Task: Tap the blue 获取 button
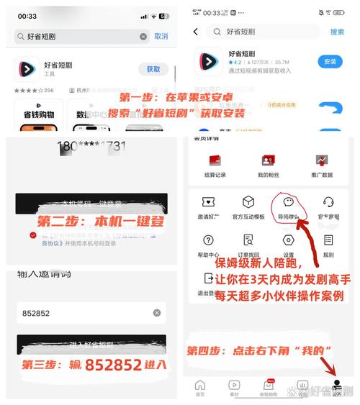point(153,69)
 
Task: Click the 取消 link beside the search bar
point(161,36)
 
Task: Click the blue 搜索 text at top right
point(337,32)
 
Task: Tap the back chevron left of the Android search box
point(196,32)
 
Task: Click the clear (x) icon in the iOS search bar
point(143,36)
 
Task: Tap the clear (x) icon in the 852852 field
point(157,313)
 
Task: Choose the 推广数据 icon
point(322,160)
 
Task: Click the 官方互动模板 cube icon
point(248,202)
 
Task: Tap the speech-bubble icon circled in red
point(289,202)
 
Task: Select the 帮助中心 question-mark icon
point(208,240)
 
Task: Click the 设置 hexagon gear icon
point(289,240)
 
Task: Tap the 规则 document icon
point(328,240)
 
